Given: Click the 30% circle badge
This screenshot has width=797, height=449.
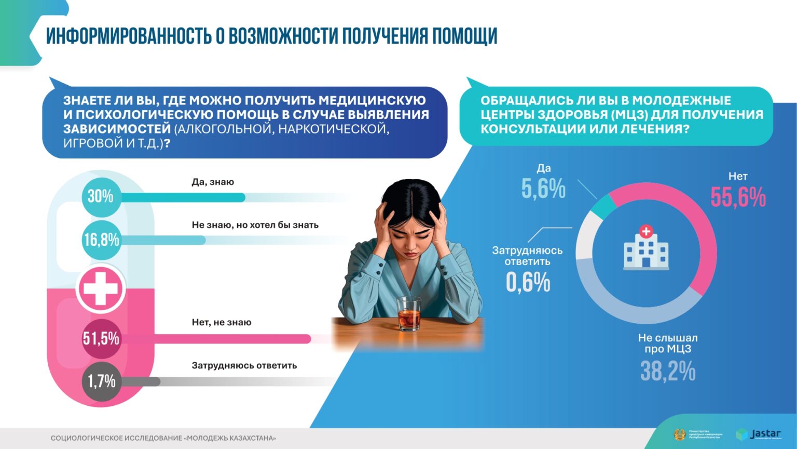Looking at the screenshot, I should [x=101, y=196].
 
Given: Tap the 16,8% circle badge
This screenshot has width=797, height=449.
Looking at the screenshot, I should [x=101, y=240].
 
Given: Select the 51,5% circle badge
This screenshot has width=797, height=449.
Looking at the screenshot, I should [x=101, y=339].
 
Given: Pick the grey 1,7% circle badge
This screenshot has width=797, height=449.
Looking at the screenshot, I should [x=101, y=381].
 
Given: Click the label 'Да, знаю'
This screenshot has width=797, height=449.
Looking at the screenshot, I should [x=213, y=182].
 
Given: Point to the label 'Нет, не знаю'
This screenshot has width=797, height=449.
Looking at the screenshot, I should [x=222, y=322].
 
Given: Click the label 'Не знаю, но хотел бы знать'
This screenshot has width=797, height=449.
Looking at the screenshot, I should [x=255, y=225].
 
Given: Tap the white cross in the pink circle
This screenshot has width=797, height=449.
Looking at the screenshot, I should [x=101, y=288].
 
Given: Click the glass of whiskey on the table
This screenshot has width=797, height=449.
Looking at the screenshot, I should [x=409, y=314].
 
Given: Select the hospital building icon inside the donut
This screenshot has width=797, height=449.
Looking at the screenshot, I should [x=646, y=248].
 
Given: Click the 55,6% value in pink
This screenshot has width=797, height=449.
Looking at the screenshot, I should [x=738, y=197].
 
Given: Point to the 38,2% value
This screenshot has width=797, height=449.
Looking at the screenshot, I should [x=668, y=371].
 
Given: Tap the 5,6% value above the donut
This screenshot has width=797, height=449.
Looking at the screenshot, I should [x=543, y=189].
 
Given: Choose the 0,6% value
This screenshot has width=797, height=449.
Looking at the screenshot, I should [x=528, y=282].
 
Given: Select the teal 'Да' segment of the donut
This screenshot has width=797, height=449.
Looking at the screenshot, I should [x=603, y=206].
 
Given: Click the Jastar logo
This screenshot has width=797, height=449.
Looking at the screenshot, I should [x=759, y=434].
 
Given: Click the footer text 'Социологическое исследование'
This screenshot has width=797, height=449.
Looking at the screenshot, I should [x=116, y=438].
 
